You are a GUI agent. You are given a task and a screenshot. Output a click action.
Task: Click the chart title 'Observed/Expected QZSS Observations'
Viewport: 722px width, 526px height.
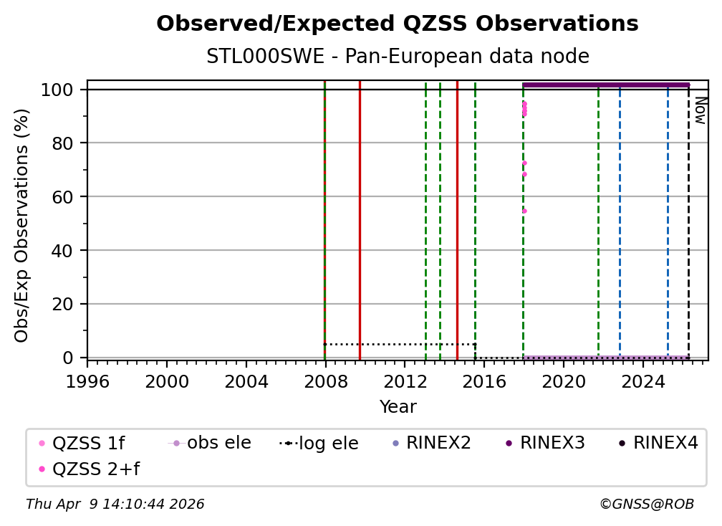point(398,24)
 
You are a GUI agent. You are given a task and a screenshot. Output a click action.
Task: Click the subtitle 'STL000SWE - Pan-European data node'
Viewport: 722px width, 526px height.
point(398,57)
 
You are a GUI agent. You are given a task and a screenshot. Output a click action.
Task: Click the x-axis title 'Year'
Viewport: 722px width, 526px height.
point(398,407)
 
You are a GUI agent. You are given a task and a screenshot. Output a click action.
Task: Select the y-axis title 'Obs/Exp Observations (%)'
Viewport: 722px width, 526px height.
point(22,225)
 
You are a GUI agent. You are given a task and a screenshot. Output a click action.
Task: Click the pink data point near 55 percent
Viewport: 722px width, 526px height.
point(524,211)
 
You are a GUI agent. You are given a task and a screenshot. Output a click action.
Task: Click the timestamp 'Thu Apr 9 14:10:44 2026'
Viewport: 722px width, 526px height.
point(115,505)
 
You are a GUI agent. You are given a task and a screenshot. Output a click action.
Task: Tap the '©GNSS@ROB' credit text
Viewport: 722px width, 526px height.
point(646,505)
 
